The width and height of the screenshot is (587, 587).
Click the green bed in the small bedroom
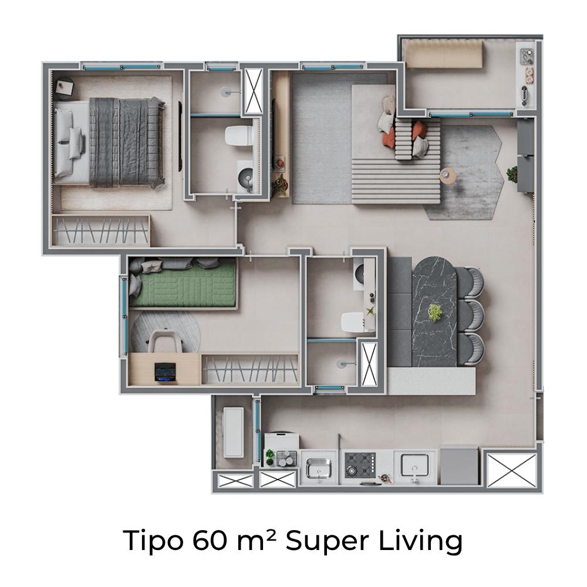point(183,283)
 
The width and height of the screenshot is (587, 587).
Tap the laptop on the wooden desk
point(165,372)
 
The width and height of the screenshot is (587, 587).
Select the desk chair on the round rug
point(166,341)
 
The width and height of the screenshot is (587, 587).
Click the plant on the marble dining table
point(435,312)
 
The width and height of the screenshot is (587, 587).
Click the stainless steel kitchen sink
point(319,468)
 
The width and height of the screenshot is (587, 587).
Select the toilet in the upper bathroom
point(239,136)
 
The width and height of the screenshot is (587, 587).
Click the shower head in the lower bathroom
point(341,363)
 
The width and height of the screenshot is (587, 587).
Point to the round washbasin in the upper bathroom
point(246,176)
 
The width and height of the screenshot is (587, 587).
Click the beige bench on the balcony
point(444,54)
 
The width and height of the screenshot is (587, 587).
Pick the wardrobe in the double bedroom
point(100,230)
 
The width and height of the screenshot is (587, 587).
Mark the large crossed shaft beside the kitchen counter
point(512,470)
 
